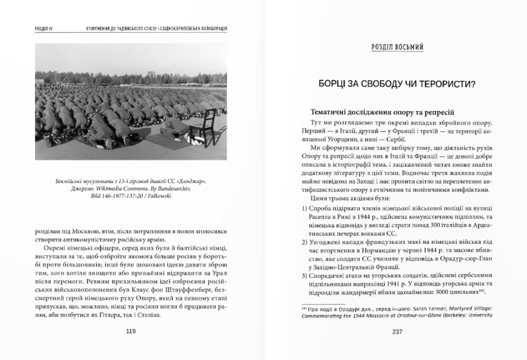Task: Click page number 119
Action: pyautogui.click(x=131, y=331)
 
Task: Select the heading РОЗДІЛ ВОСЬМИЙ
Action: pyautogui.click(x=397, y=47)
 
